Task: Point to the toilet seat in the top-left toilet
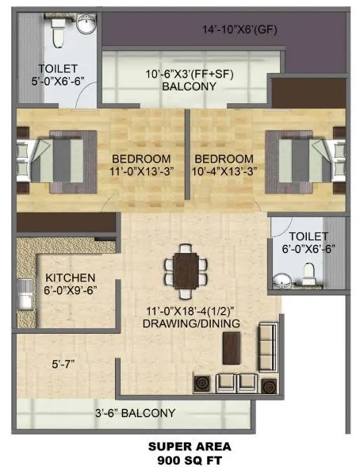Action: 57,33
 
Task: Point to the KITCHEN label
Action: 71,278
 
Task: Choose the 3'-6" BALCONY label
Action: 136,413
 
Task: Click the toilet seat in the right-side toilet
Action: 311,275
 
